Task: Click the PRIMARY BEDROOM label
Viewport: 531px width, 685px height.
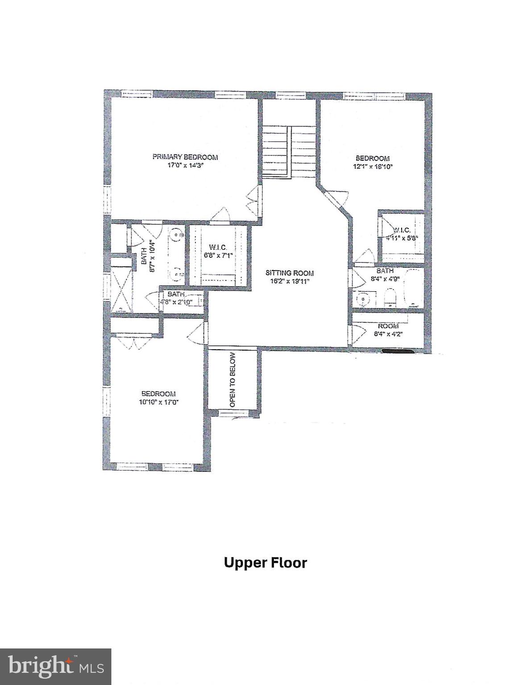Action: tap(185, 157)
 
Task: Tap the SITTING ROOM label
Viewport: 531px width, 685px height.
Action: tap(289, 273)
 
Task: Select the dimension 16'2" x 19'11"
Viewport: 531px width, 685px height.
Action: tap(289, 281)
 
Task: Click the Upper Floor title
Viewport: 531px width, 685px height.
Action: tap(265, 563)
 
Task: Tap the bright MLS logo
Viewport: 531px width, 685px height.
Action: tap(55, 666)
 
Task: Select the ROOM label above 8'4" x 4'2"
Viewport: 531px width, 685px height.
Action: tap(388, 326)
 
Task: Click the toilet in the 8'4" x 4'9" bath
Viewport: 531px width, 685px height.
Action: tap(391, 297)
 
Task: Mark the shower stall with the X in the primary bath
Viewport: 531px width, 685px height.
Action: tap(121, 289)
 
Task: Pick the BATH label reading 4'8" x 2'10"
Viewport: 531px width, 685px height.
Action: tap(176, 294)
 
